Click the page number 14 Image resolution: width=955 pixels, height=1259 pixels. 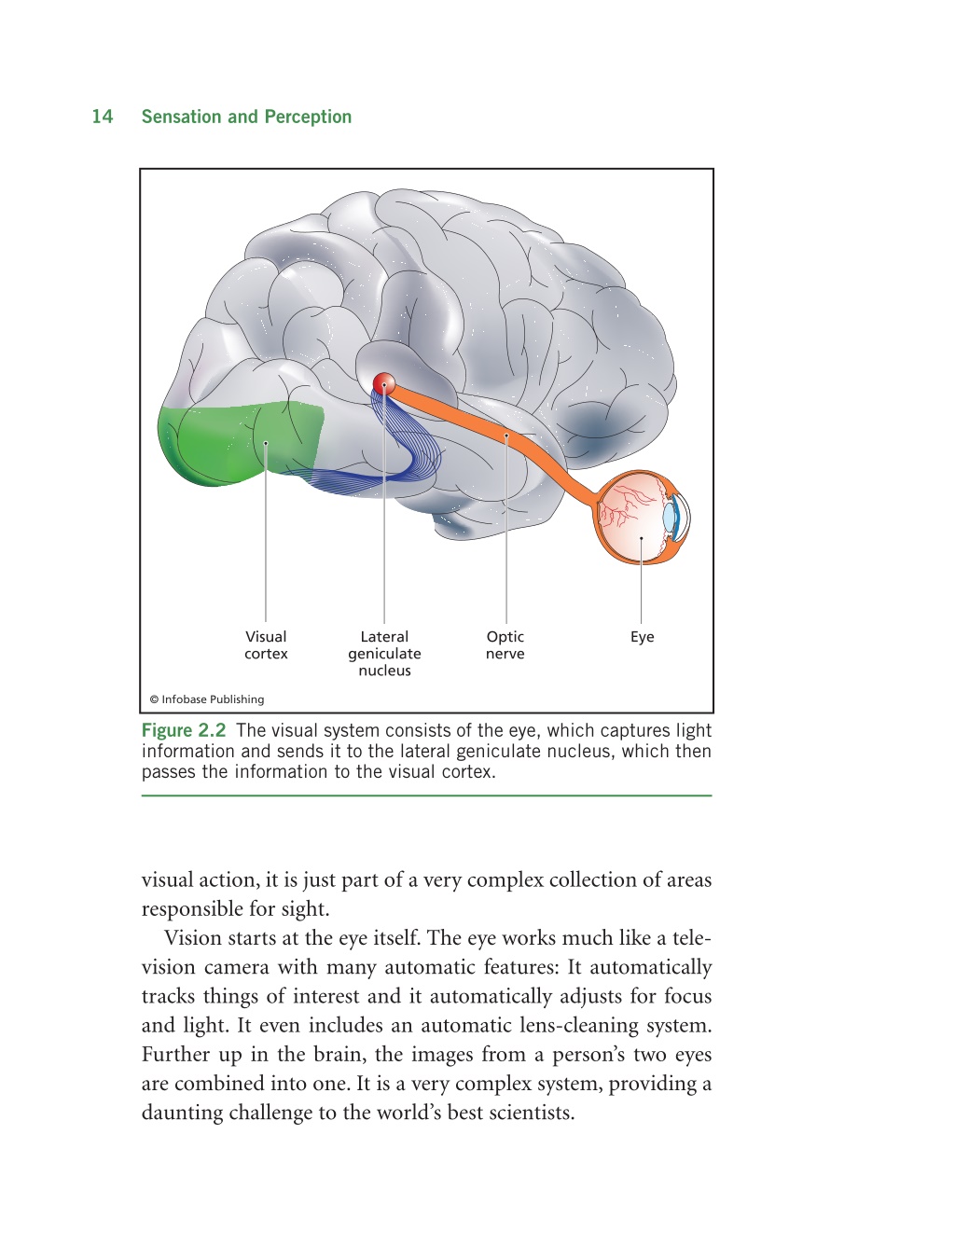103,117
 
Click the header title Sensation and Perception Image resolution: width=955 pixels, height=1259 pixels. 246,117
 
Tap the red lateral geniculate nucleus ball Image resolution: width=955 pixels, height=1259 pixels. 383,383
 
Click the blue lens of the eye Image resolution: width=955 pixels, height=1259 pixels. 669,518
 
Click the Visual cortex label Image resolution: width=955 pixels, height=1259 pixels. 266,644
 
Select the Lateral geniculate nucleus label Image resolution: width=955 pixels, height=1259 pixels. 384,654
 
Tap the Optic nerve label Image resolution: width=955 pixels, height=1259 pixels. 505,644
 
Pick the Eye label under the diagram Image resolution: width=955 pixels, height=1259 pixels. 642,637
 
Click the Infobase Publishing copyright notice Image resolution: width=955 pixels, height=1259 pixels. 207,699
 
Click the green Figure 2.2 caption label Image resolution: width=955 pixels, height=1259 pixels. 184,730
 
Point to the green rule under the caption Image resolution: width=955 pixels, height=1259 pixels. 427,796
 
